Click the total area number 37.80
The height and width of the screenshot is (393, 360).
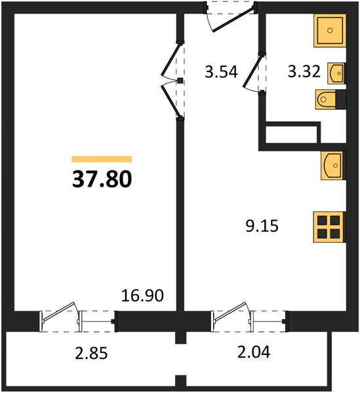point(102,179)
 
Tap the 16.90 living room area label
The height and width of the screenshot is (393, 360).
point(142,295)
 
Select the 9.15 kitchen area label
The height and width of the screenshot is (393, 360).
point(262,226)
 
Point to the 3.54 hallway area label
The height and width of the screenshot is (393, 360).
point(221,71)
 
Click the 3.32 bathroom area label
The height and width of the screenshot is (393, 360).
point(304,71)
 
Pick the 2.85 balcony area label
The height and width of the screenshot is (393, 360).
point(91,353)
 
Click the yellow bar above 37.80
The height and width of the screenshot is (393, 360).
point(102,159)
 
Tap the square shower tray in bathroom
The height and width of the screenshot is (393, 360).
point(330,30)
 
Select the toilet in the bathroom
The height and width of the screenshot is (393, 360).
point(326,100)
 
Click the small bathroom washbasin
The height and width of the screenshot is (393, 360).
point(336,73)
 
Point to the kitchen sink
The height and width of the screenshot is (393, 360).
point(332,166)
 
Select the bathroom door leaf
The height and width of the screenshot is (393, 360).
point(252,72)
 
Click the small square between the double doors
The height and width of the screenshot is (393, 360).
point(180,81)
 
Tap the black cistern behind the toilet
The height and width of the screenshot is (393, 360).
point(341,100)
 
